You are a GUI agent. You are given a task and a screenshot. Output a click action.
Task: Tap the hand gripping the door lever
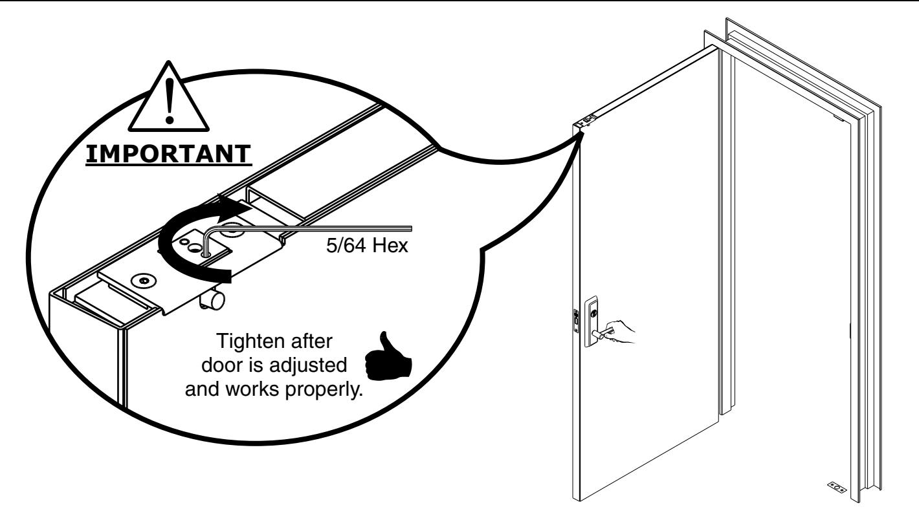[x=622, y=330]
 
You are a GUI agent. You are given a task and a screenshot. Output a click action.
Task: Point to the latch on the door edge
[x=576, y=321]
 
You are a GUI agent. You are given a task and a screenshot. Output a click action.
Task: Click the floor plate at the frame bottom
[x=836, y=486]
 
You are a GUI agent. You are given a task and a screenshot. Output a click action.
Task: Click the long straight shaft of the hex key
[x=324, y=228]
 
